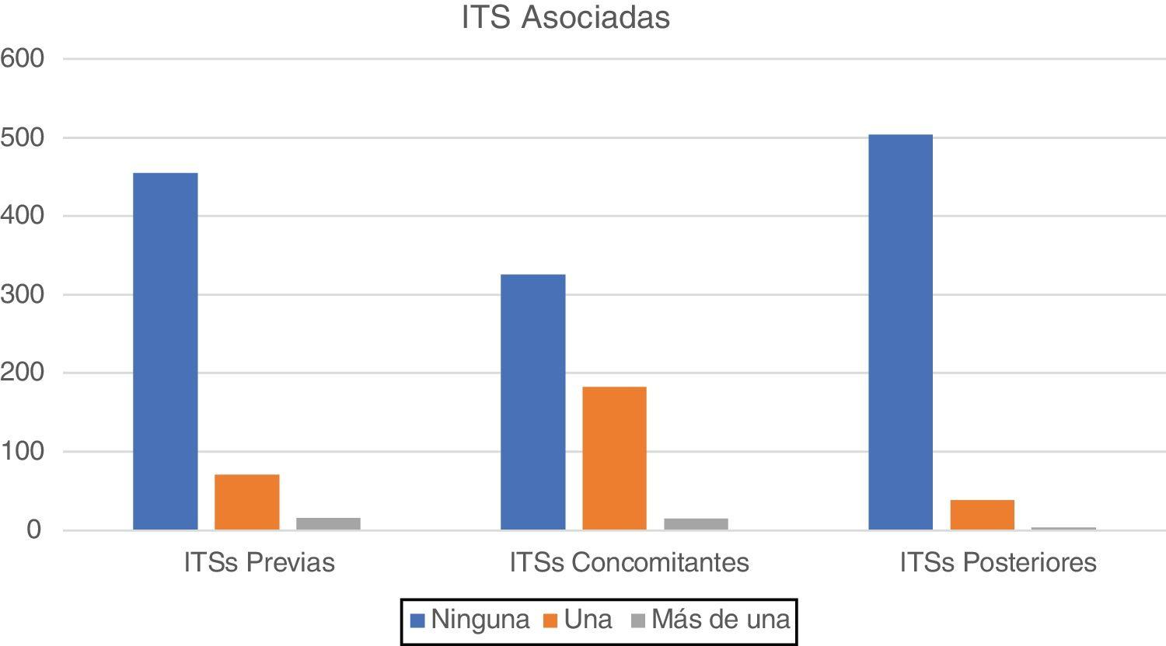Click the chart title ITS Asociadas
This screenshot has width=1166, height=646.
pos(565,17)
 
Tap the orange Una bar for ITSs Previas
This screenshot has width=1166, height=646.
pos(247,502)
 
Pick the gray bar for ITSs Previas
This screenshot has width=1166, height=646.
pos(328,523)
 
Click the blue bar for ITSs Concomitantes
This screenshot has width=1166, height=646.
pos(533,401)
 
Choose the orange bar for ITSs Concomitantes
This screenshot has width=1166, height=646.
pos(614,458)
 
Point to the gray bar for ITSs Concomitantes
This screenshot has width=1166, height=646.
pos(696,523)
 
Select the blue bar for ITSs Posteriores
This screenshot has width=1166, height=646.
pos(900,332)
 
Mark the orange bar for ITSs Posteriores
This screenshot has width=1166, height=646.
pos(982,515)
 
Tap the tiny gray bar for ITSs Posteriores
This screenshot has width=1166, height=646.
pos(1063,529)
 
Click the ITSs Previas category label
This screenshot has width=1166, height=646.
pos(260,562)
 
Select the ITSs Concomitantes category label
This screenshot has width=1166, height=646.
pos(629,562)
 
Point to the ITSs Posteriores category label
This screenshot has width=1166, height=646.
pos(998,562)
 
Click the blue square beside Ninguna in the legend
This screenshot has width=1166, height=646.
pos(417,620)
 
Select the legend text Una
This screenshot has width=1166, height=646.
pos(588,620)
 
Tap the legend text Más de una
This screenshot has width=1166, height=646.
pos(721,620)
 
